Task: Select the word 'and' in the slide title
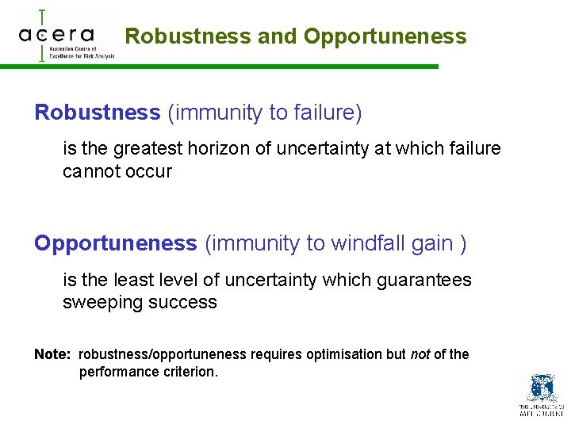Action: coord(278,36)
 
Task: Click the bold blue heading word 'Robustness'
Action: coord(97,113)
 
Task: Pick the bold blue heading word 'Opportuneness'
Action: coord(115,243)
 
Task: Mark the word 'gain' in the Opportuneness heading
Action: coord(432,243)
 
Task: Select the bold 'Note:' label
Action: coord(53,354)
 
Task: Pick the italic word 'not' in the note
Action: coord(420,354)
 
